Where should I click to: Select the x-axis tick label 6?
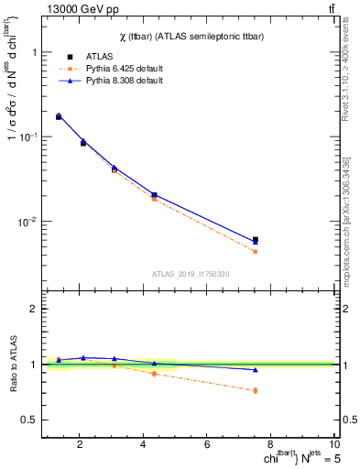[207, 446]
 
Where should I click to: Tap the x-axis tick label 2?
[81, 446]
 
